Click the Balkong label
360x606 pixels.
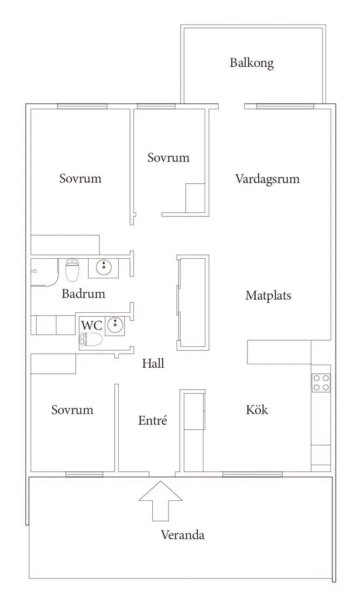[x=252, y=63]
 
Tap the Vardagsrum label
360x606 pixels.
[x=267, y=179]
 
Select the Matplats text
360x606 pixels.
[x=268, y=295]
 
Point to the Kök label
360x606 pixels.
[x=257, y=410]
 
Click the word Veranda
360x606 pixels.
[x=183, y=535]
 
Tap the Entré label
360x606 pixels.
[x=152, y=420]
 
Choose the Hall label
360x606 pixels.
[x=153, y=363]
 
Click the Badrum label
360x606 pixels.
[x=83, y=294]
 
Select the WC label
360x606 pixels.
[x=92, y=325]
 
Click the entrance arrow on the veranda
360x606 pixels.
[x=161, y=501]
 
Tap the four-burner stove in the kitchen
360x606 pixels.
[x=321, y=383]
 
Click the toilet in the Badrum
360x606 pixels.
[x=72, y=270]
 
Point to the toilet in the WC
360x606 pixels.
[x=91, y=339]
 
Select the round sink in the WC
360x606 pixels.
[x=115, y=324]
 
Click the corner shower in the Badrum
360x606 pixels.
[x=45, y=272]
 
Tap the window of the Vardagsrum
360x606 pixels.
[x=285, y=106]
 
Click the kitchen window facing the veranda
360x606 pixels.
[x=252, y=474]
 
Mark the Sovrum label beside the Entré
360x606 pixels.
[x=72, y=410]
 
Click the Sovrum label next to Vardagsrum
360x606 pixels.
[x=168, y=157]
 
